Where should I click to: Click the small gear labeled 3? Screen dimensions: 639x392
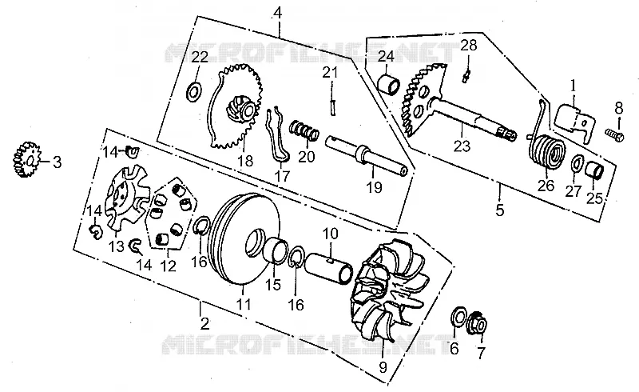click(25, 160)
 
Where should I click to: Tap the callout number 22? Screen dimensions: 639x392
click(200, 57)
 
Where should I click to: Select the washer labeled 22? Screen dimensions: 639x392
click(193, 92)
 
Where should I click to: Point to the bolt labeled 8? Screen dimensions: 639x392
click(614, 134)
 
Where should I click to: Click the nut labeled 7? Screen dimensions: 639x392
click(478, 324)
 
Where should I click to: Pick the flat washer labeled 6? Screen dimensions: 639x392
click(458, 316)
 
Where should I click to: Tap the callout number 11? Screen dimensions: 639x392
click(244, 304)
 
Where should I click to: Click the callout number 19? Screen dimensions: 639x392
click(374, 187)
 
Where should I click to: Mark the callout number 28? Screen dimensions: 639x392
click(469, 45)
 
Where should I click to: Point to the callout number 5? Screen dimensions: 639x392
click(500, 210)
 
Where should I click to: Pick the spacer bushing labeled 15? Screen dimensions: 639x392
click(274, 250)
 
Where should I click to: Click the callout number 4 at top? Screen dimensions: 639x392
click(277, 13)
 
